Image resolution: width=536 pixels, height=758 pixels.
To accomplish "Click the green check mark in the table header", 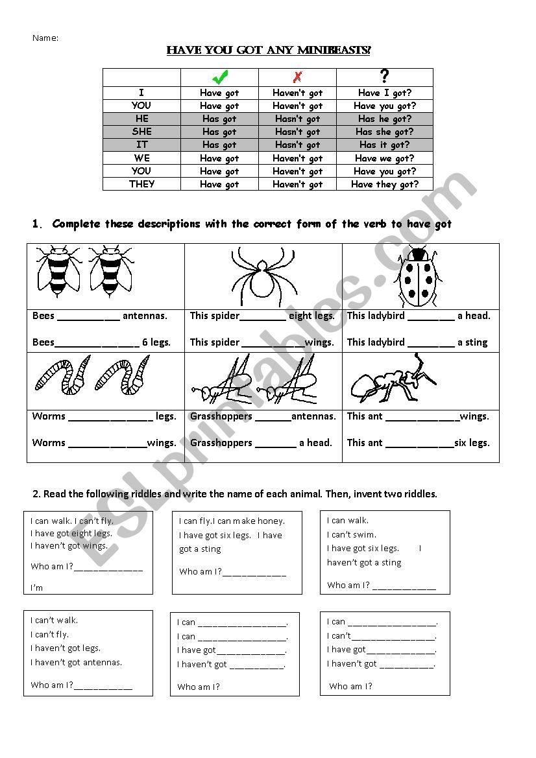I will (x=219, y=78).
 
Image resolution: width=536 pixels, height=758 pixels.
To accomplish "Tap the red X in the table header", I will (x=297, y=78).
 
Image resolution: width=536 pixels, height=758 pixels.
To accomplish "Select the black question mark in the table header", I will (x=384, y=77).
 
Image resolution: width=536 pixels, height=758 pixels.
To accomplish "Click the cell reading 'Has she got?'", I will (x=384, y=132).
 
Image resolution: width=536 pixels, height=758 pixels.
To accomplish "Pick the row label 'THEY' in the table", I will (x=141, y=184).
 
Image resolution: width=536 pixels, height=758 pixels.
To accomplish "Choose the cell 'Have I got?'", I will (x=384, y=93).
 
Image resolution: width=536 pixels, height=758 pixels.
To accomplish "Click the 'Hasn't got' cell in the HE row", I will (x=297, y=119).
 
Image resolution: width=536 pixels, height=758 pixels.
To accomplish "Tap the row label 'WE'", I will (x=141, y=158).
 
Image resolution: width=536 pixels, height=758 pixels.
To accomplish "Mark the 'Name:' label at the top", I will (x=45, y=38).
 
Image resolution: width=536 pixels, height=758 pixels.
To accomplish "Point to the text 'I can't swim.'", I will (x=352, y=534).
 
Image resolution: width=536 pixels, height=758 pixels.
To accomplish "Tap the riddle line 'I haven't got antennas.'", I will (x=76, y=662).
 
